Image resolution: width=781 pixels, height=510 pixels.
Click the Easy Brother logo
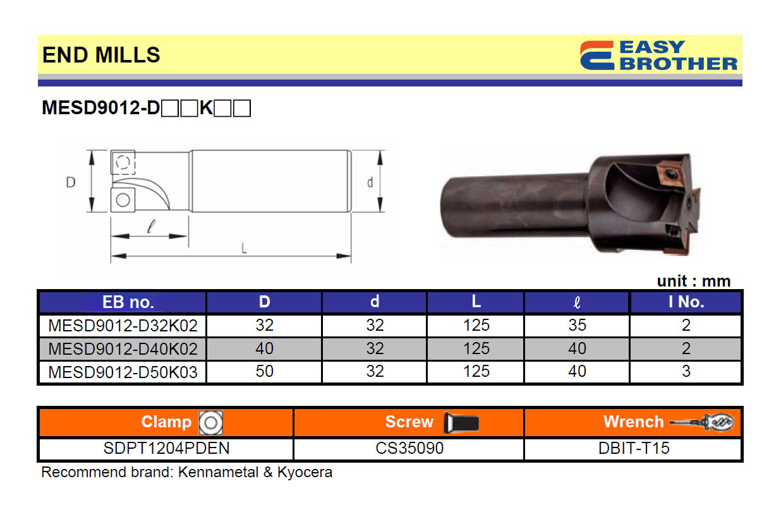click(x=658, y=56)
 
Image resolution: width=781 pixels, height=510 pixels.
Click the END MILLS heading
click(x=101, y=55)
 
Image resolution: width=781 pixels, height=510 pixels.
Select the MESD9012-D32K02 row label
click(x=123, y=326)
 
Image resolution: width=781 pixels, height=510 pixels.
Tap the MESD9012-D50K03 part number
click(x=123, y=372)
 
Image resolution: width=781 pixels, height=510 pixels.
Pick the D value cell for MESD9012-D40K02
click(x=264, y=348)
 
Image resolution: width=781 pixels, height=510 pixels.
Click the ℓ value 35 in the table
click(x=578, y=325)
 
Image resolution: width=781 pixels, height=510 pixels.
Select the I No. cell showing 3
click(x=686, y=371)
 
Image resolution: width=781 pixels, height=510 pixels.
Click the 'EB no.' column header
click(x=128, y=302)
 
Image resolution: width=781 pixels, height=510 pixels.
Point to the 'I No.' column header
click(x=686, y=302)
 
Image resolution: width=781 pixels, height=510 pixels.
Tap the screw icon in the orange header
click(x=461, y=422)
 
